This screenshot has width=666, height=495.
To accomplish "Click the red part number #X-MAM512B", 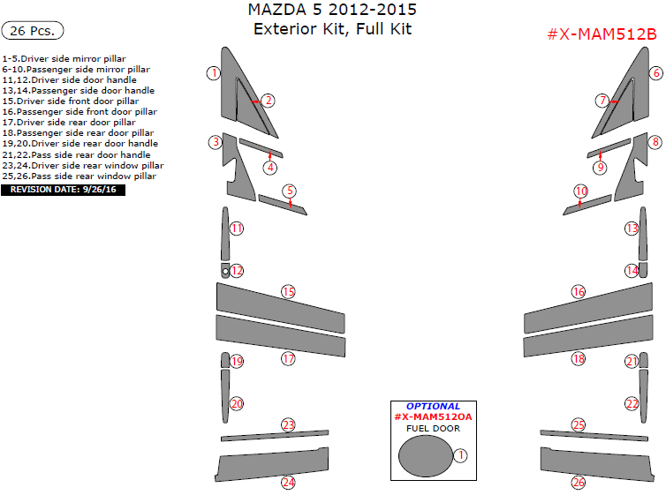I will [602, 34].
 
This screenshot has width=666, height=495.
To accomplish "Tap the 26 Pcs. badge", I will [34, 31].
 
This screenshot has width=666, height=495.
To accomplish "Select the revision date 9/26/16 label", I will [64, 190].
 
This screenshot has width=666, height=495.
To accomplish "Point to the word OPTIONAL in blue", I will [433, 407].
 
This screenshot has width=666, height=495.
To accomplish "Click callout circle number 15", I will [288, 292].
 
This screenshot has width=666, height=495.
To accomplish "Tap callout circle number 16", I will [579, 292].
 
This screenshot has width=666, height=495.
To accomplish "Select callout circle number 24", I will [288, 483].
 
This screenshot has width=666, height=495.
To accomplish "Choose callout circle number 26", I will [579, 483].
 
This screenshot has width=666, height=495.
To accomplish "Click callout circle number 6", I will [655, 73].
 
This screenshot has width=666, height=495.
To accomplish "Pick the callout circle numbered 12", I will [237, 271].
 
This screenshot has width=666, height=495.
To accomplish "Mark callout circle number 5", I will [290, 191].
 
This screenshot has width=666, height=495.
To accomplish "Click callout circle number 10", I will [580, 191].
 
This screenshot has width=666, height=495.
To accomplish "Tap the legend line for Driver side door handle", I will [70, 79].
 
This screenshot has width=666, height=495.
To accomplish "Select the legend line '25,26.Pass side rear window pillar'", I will [79, 176].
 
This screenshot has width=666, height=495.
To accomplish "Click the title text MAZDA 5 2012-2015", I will [332, 11].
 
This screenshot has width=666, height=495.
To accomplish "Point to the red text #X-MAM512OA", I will [433, 416].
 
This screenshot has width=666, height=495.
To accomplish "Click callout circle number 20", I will [237, 404].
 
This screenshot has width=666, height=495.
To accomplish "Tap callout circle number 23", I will [288, 425].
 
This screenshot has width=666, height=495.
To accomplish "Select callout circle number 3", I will [214, 142].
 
